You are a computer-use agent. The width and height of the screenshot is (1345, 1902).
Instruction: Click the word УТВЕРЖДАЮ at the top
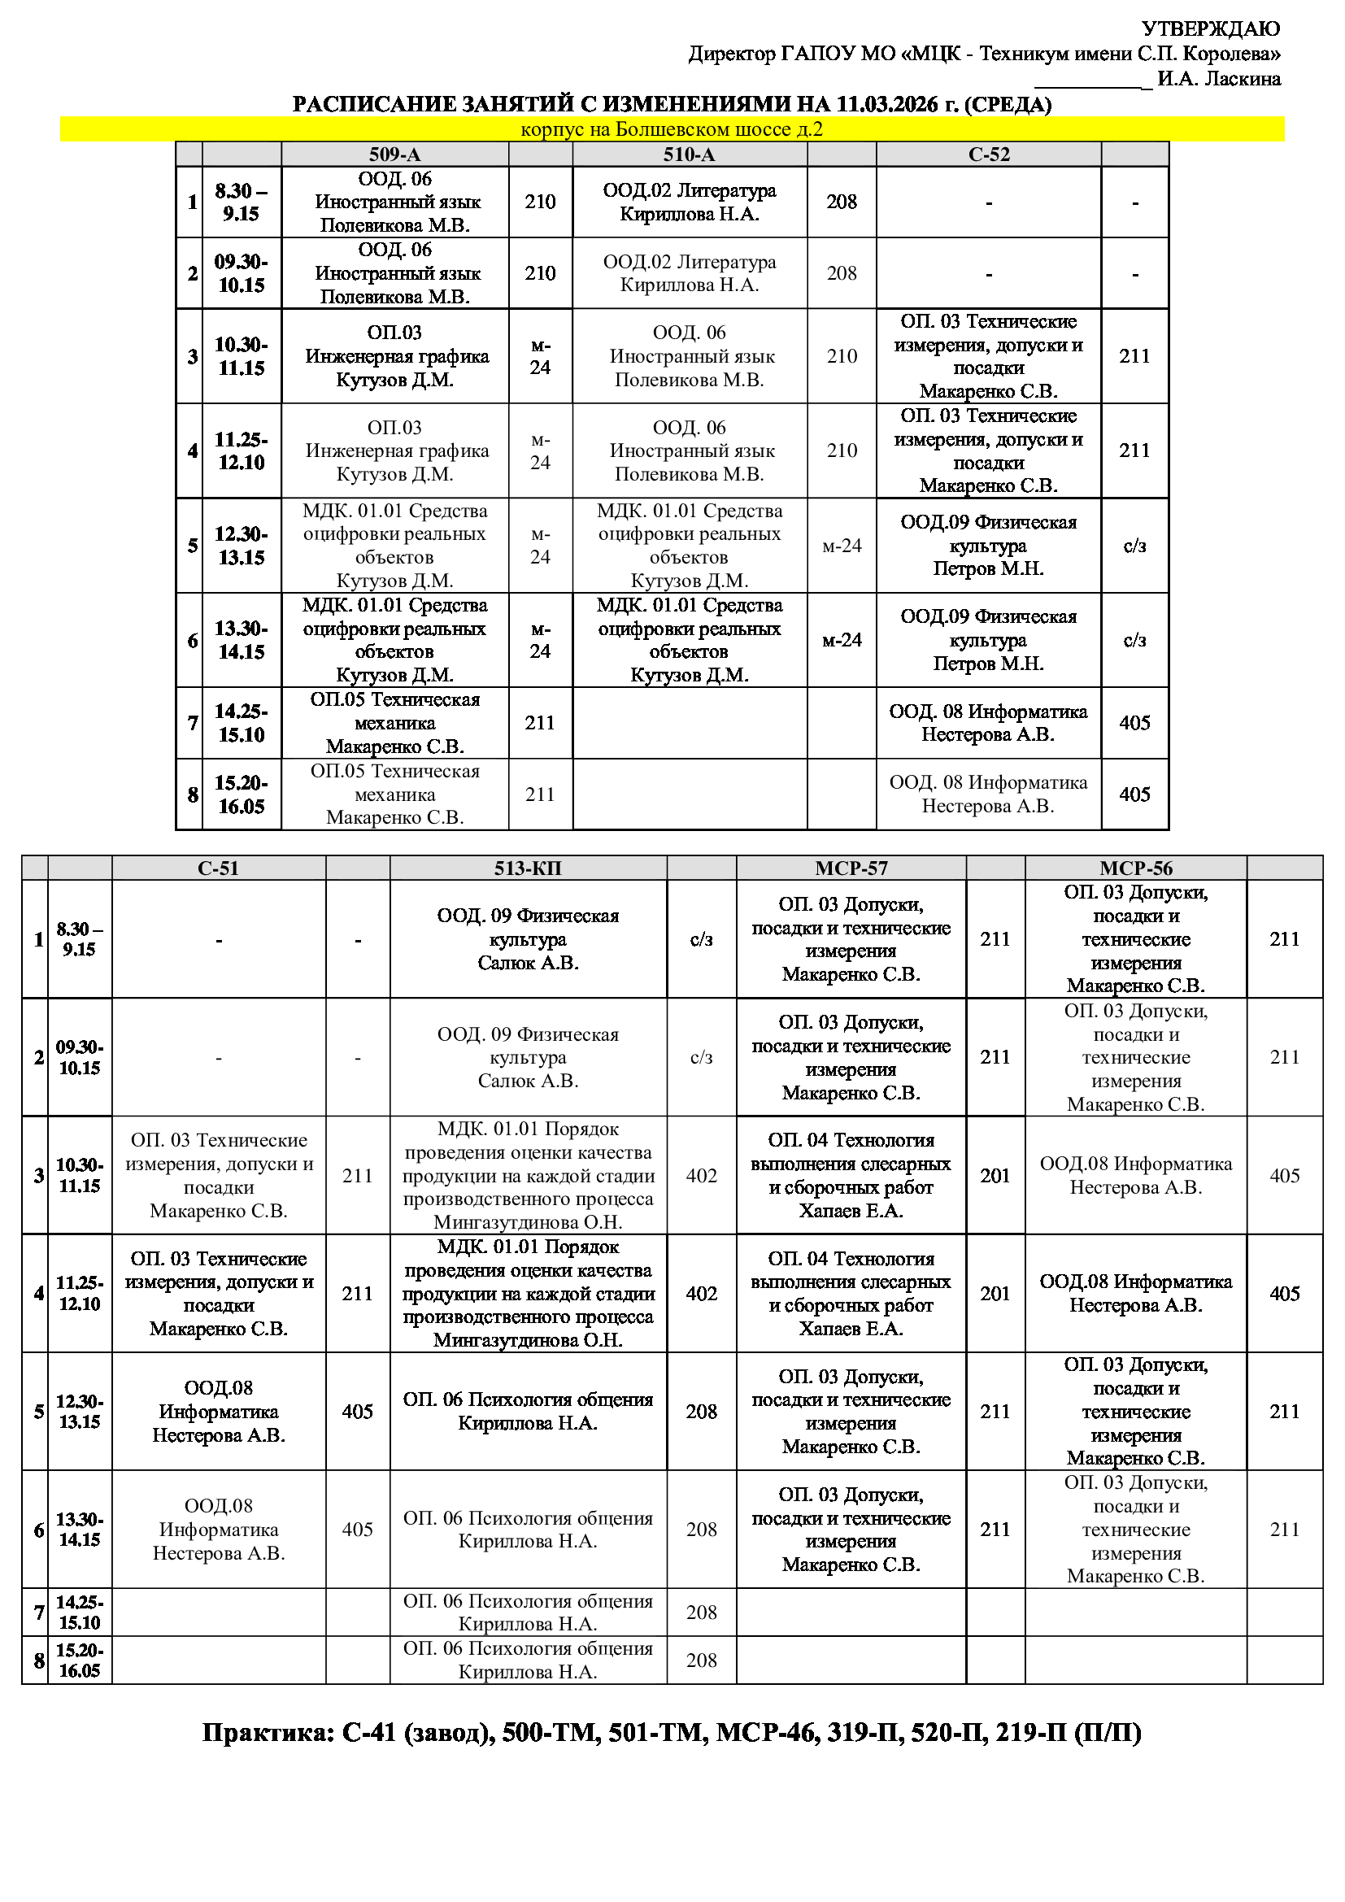point(1210,29)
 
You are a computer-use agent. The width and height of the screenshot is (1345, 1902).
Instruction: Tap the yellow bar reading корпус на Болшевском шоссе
point(672,129)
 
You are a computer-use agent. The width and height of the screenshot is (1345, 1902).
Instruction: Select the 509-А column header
point(394,154)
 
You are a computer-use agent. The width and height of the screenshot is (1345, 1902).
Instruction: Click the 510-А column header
point(689,154)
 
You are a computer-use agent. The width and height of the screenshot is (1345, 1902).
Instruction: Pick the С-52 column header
point(988,154)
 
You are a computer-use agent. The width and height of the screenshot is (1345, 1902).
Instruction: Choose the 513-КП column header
point(528,868)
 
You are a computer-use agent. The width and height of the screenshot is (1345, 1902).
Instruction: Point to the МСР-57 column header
point(851,868)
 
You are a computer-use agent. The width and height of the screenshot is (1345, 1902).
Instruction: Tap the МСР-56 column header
point(1135,868)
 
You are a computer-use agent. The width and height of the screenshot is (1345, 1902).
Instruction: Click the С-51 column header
point(219,868)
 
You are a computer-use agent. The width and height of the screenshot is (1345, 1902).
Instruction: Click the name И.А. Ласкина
point(1218,80)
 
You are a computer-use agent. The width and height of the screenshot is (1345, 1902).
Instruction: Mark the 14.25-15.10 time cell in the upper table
point(241,723)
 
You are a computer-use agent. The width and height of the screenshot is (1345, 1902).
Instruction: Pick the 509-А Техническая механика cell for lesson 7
point(394,723)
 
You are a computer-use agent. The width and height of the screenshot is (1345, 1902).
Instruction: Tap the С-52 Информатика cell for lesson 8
point(988,794)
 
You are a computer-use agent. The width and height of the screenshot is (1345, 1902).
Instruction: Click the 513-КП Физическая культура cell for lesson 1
point(528,939)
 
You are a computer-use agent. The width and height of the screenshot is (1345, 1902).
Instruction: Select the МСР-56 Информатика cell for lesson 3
point(1135,1176)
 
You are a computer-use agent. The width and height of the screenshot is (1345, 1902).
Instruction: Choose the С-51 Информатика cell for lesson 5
point(219,1412)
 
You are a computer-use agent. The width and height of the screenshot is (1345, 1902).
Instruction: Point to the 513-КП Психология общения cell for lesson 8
point(528,1660)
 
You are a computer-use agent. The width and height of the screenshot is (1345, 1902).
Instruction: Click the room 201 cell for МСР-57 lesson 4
point(995,1294)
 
